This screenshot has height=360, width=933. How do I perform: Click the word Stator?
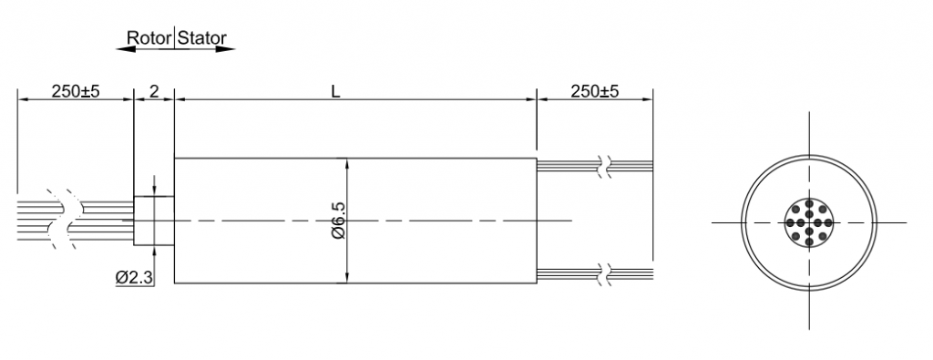[202, 39]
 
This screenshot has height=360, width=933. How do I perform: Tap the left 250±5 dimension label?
[75, 91]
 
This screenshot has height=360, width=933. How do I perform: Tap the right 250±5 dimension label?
[594, 91]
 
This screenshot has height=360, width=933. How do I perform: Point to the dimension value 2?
[153, 91]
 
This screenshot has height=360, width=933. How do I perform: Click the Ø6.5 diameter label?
[338, 221]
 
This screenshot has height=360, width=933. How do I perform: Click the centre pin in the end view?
[809, 221]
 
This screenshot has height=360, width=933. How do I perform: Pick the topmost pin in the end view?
[809, 204]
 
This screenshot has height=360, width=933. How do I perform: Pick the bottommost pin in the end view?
[809, 240]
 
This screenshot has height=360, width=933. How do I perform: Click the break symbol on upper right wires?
[604, 165]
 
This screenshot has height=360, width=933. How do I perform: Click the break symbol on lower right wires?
[604, 273]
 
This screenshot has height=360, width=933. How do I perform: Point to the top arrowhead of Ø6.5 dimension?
[347, 164]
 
